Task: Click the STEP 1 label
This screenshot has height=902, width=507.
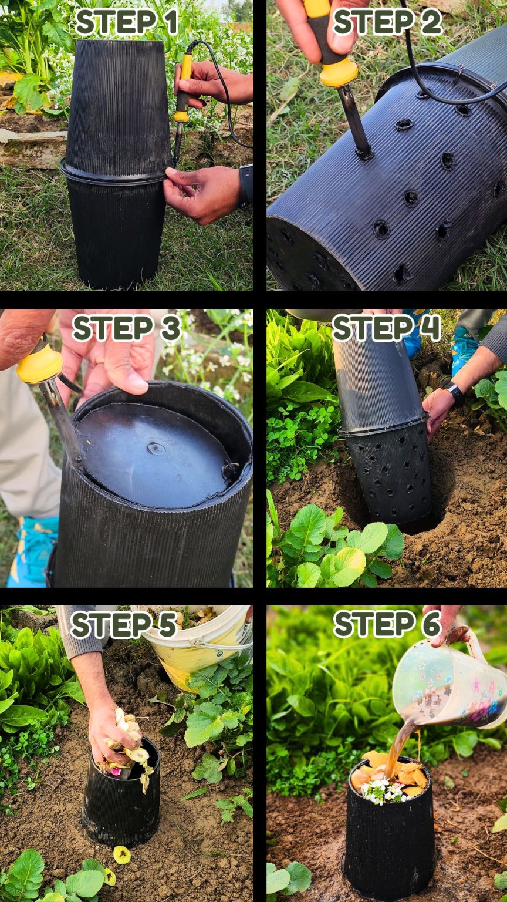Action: click(127, 22)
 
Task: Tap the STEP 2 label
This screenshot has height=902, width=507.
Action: click(387, 22)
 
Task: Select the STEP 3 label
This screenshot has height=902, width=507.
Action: click(126, 328)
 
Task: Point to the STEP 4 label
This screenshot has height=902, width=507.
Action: click(386, 328)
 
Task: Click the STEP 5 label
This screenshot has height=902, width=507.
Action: click(124, 624)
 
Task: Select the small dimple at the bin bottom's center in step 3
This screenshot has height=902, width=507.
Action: click(156, 449)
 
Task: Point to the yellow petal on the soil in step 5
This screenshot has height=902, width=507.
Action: click(121, 854)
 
